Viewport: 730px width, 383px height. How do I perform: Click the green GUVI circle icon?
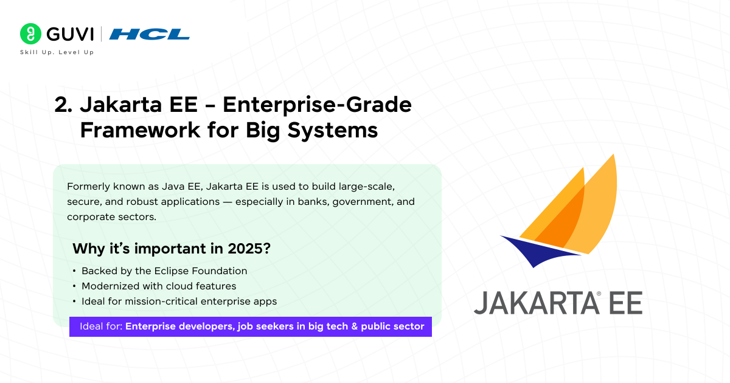tap(30, 34)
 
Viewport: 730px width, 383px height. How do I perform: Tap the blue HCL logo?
tap(150, 34)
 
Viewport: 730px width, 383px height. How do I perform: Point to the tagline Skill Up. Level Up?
tap(57, 53)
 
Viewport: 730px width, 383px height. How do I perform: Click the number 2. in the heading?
tap(63, 105)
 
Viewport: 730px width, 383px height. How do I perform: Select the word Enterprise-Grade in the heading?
tap(317, 105)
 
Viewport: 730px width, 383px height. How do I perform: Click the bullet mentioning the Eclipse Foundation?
tap(164, 271)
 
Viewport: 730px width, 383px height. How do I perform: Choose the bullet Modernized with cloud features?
tap(159, 286)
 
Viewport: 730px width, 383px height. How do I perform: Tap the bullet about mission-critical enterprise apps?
tap(179, 301)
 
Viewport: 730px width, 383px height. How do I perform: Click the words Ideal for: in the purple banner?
tap(101, 326)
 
